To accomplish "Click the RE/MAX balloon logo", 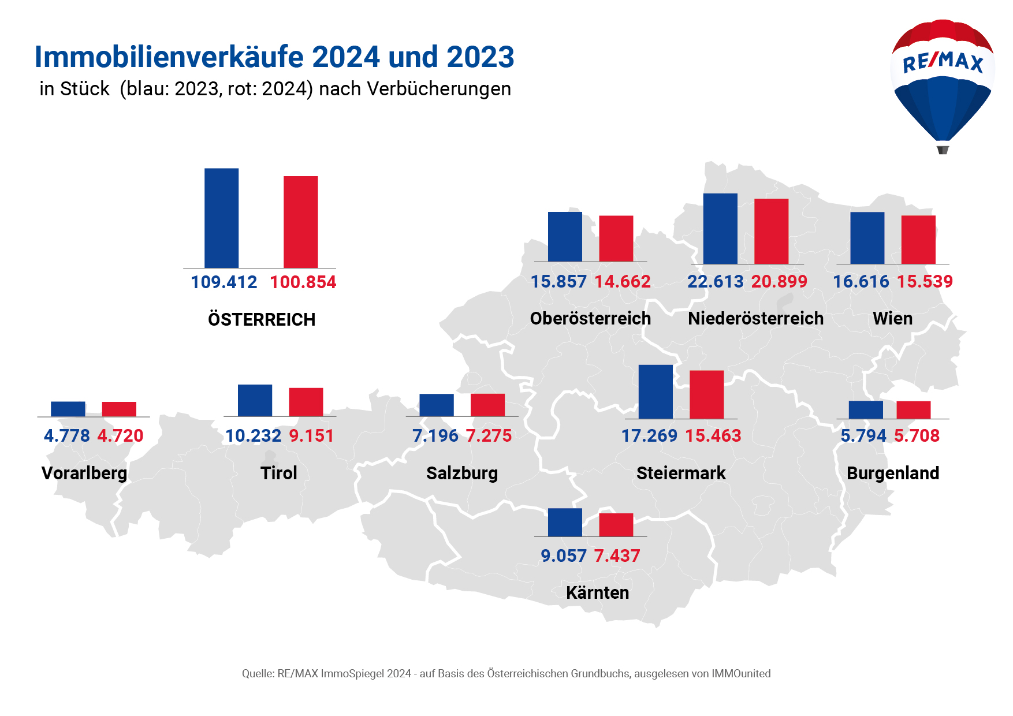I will [943, 84].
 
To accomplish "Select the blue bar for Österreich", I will [221, 218].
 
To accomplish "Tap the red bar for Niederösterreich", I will [771, 231].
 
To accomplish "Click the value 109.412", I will [224, 282].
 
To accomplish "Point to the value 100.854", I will [303, 282].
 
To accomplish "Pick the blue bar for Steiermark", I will [656, 391].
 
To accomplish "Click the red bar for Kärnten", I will [616, 525].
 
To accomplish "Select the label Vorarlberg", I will [84, 473].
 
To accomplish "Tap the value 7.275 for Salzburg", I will [489, 436].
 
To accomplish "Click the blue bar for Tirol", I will [255, 400].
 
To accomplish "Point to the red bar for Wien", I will [918, 240].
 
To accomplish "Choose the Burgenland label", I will [893, 473].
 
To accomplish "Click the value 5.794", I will [863, 436].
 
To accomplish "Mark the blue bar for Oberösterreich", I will [565, 237].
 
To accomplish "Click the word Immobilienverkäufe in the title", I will [170, 57].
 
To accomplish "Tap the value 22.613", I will [715, 282].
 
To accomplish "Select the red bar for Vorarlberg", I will [119, 409].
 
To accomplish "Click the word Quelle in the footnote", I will [257, 673].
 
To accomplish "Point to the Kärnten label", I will [597, 592].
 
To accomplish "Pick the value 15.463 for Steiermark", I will [713, 436].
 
